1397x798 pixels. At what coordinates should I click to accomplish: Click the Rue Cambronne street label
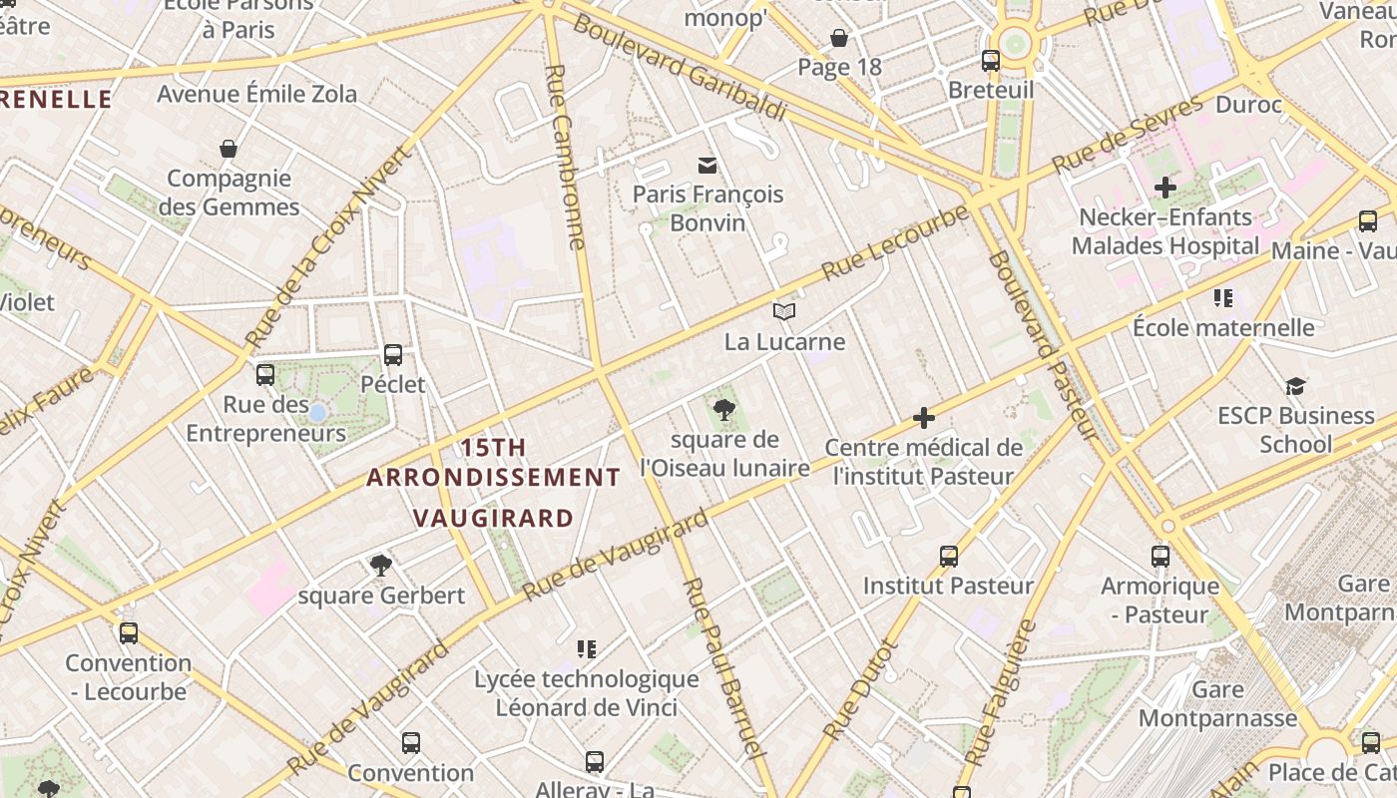point(566,157)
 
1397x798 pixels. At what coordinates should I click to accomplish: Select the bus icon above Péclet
point(393,354)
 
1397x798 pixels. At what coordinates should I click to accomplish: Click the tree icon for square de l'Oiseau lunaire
point(724,409)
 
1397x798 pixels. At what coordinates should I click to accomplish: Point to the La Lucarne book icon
point(784,312)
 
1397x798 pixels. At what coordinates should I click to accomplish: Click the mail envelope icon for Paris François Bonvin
point(707,165)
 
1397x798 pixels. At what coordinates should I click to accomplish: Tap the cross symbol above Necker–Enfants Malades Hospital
point(1164,187)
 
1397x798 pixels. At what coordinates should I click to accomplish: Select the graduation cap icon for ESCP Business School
point(1295,386)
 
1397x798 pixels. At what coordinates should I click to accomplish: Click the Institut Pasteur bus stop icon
point(948,556)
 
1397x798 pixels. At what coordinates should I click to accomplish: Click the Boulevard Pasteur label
point(1042,346)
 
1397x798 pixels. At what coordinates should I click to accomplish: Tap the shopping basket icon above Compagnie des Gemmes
point(229,150)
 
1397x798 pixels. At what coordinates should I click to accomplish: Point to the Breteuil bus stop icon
point(991,61)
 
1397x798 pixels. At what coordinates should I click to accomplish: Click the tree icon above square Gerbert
point(380,566)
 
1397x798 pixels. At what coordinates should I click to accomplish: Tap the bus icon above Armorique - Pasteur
point(1160,556)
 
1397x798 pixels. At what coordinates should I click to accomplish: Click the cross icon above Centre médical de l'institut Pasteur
point(924,418)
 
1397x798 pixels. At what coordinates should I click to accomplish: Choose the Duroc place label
point(1249,104)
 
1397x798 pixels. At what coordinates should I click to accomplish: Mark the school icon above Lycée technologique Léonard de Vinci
point(587,649)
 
